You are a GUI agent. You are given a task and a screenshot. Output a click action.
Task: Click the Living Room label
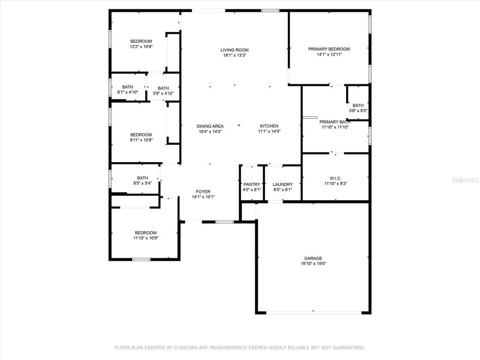coord(234,50)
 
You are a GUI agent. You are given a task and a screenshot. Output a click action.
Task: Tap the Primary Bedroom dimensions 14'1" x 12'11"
coord(329,55)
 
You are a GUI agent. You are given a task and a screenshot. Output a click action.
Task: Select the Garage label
coord(313,258)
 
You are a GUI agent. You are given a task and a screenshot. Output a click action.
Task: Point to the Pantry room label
coord(252,184)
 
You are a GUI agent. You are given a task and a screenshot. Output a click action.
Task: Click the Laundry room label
coord(282,184)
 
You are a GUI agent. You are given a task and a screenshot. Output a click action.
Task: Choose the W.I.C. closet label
coord(335,178)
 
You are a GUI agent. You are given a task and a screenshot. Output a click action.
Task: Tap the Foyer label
coord(203,191)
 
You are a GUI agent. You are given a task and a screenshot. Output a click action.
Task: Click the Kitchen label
coord(269,126)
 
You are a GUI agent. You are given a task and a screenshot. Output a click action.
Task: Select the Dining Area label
coord(210,126)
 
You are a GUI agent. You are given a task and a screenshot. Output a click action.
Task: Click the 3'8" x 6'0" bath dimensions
coord(358,111)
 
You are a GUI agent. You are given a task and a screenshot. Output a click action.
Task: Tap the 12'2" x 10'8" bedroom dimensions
coord(141,47)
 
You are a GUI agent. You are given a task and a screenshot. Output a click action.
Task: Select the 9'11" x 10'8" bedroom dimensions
coord(141,141)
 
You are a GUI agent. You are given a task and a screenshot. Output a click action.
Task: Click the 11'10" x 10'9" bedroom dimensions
coord(145,239)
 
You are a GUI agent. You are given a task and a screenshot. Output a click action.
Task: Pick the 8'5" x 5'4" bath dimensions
coord(142,184)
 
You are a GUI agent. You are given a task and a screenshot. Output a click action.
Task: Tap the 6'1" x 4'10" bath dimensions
coord(127,92)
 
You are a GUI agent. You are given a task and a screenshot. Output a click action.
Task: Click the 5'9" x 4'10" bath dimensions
coord(163,94)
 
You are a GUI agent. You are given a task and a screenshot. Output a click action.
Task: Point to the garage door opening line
coord(313,313)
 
